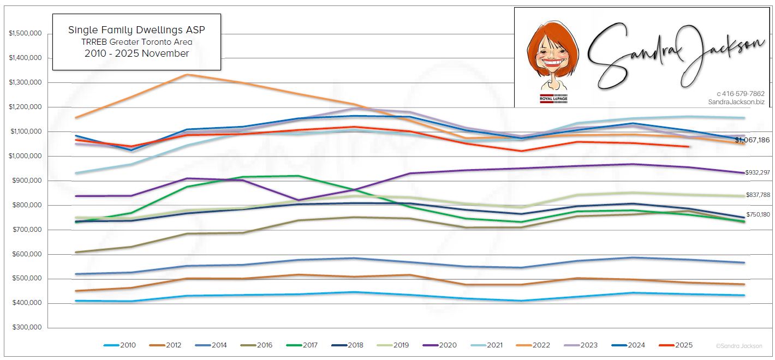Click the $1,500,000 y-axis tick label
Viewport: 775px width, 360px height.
[x=26, y=34]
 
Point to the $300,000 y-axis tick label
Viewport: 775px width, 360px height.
[x=27, y=328]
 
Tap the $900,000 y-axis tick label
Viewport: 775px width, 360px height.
[x=27, y=181]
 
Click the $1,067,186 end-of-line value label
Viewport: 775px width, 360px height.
[x=752, y=140]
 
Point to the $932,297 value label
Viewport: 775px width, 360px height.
[x=757, y=172]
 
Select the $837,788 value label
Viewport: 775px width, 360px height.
[x=757, y=195]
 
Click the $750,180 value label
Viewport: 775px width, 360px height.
[x=757, y=215]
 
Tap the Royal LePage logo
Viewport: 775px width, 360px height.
[x=553, y=99]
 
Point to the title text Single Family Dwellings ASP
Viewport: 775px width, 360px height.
[x=136, y=30]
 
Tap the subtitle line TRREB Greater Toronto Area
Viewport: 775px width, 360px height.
[x=136, y=42]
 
